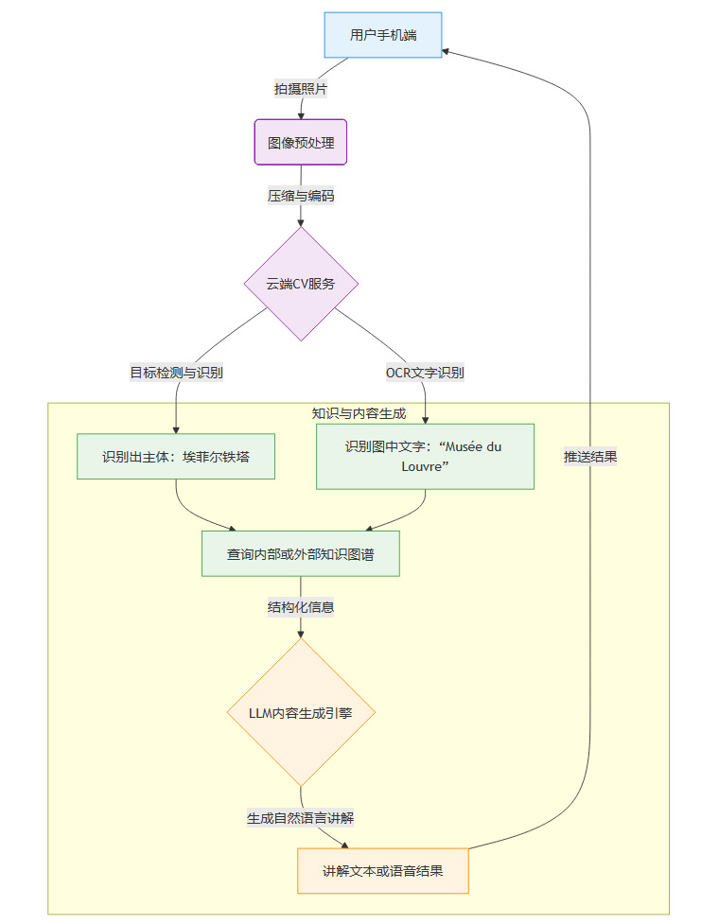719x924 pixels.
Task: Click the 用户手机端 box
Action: pyautogui.click(x=382, y=35)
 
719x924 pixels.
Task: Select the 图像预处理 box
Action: pyautogui.click(x=301, y=142)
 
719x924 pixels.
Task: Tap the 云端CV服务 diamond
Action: pyautogui.click(x=301, y=283)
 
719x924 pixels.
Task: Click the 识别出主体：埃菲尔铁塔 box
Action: pyautogui.click(x=176, y=457)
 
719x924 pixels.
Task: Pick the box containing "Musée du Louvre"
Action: pyautogui.click(x=425, y=456)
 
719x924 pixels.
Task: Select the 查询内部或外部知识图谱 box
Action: pyautogui.click(x=301, y=554)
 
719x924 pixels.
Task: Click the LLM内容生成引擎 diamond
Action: pyautogui.click(x=301, y=712)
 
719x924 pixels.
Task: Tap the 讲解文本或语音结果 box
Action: pyautogui.click(x=382, y=871)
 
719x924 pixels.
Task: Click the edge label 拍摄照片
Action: pyautogui.click(x=301, y=88)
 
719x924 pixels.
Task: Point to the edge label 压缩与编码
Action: pyautogui.click(x=301, y=196)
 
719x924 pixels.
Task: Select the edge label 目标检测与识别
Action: pyautogui.click(x=176, y=372)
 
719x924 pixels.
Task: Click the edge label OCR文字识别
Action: pyautogui.click(x=425, y=372)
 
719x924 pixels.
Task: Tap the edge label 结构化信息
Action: pyautogui.click(x=301, y=607)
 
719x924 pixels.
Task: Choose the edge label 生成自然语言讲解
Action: pyautogui.click(x=301, y=817)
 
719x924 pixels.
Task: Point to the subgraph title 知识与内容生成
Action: pyautogui.click(x=359, y=413)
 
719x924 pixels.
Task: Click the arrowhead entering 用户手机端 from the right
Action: pyautogui.click(x=447, y=50)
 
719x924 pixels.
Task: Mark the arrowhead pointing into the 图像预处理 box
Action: pyautogui.click(x=301, y=113)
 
